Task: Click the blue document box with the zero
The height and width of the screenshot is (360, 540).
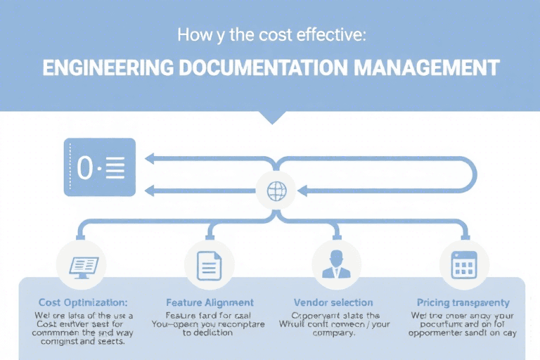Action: [x=99, y=167]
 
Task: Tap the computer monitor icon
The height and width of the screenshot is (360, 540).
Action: [x=84, y=266]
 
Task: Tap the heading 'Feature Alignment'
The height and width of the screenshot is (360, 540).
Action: [x=210, y=302]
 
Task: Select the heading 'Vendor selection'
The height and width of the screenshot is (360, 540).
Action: [x=333, y=302]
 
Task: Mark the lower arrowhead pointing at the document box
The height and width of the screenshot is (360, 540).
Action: [x=148, y=191]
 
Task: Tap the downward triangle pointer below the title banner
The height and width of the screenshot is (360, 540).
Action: [x=271, y=116]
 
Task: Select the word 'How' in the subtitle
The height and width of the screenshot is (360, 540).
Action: [x=190, y=36]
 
